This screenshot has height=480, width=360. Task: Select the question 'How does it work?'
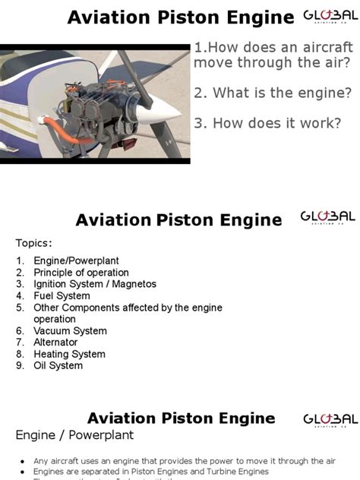point(267,123)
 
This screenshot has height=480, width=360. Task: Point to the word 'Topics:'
point(34,243)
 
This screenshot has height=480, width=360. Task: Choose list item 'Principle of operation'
point(81,273)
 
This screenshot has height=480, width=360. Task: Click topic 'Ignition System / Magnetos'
point(95,284)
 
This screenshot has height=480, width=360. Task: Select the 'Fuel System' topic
point(62,296)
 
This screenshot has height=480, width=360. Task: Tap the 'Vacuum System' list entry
point(70,331)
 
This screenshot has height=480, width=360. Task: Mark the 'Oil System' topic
point(58,365)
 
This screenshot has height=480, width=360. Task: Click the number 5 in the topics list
point(20,308)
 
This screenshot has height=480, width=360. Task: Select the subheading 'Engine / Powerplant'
point(74,435)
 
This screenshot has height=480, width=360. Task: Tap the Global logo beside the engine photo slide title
point(329,17)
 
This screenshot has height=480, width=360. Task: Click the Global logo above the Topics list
point(329,219)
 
